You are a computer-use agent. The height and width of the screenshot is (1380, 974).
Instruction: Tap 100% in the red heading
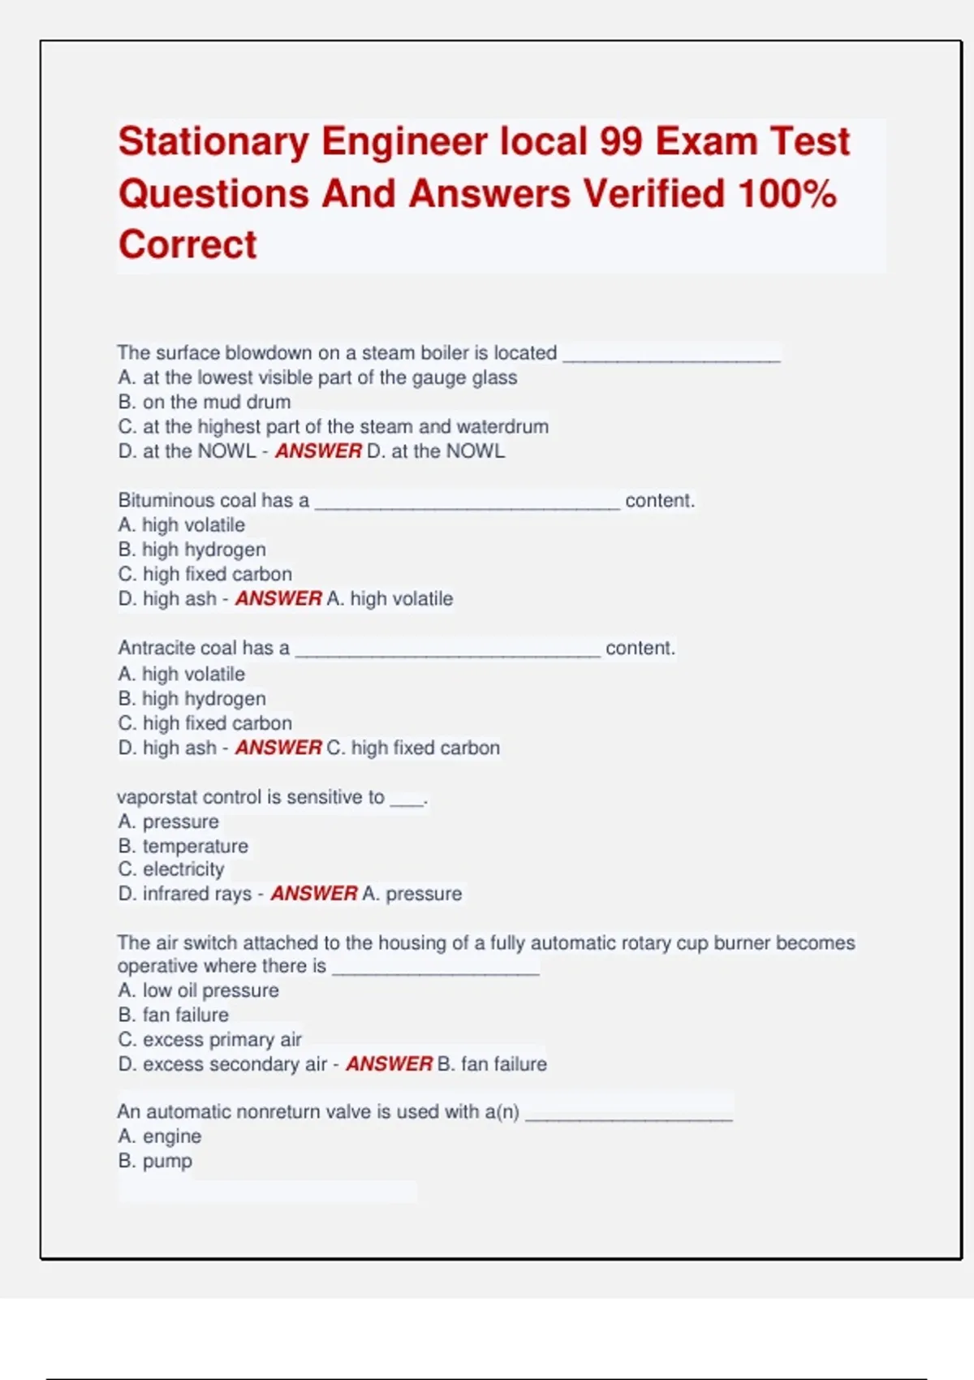(x=787, y=194)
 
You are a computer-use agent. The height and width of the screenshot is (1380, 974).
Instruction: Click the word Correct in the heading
(x=187, y=244)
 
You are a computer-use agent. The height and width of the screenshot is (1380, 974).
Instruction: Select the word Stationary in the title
(x=213, y=142)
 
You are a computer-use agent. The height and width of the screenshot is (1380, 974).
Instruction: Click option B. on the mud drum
(x=204, y=402)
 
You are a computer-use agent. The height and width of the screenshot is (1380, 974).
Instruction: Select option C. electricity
(x=170, y=869)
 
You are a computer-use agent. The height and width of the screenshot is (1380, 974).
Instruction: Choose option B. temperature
(x=183, y=846)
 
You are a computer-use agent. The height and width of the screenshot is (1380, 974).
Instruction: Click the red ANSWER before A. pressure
(x=313, y=894)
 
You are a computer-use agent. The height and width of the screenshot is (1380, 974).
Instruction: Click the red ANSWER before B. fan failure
(x=389, y=1064)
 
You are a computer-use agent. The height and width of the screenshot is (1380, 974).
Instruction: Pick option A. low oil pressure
(x=198, y=990)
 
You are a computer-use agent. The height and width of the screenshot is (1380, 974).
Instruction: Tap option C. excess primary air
(x=209, y=1040)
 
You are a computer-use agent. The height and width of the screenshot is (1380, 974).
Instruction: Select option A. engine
(x=159, y=1136)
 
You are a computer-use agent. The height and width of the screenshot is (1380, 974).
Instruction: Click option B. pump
(x=155, y=1161)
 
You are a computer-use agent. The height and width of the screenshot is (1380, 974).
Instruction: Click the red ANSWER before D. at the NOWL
(x=318, y=451)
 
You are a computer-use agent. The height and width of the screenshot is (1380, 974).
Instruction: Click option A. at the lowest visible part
(x=317, y=377)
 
